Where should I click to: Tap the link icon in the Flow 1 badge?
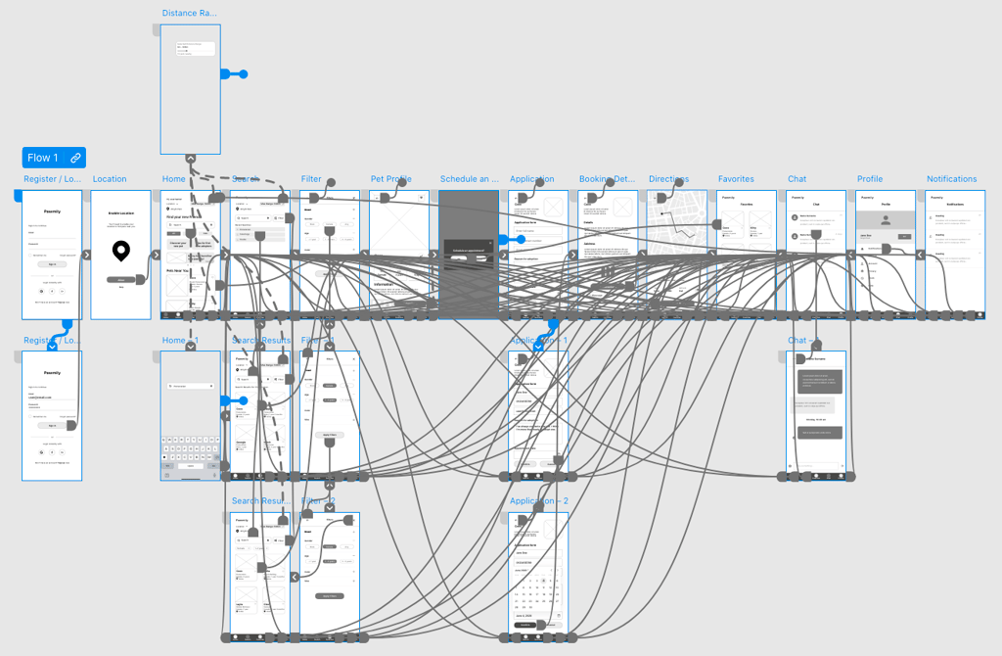point(75,158)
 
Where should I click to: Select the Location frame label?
point(110,179)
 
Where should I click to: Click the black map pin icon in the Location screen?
point(120,252)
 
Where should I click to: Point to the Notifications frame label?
point(951,179)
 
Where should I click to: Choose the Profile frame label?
point(869,179)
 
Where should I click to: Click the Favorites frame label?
point(736,179)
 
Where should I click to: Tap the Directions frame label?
point(668,179)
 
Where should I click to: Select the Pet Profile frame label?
point(390,179)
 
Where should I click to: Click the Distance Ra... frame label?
point(189,14)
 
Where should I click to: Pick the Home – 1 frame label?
point(179,340)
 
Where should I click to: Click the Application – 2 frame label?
point(538,501)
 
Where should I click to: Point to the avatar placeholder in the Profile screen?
point(886,220)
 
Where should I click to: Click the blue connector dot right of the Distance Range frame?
point(244,74)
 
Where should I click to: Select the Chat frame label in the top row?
point(797,179)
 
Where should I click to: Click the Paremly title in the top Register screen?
point(52,211)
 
